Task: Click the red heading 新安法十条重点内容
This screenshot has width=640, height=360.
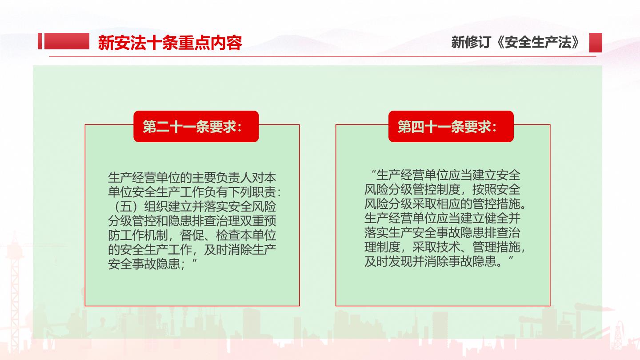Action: [170, 43]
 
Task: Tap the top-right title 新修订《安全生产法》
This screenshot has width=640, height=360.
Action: [516, 42]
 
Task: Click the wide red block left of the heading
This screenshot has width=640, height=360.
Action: [67, 41]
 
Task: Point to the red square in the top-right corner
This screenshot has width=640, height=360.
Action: [596, 43]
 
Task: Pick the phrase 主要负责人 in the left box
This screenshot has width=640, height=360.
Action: [222, 178]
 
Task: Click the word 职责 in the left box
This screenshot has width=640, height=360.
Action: [264, 192]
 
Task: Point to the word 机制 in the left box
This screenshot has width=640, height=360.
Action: [156, 236]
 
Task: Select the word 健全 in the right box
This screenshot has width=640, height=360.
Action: [496, 218]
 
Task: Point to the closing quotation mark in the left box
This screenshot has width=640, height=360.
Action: [195, 261]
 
